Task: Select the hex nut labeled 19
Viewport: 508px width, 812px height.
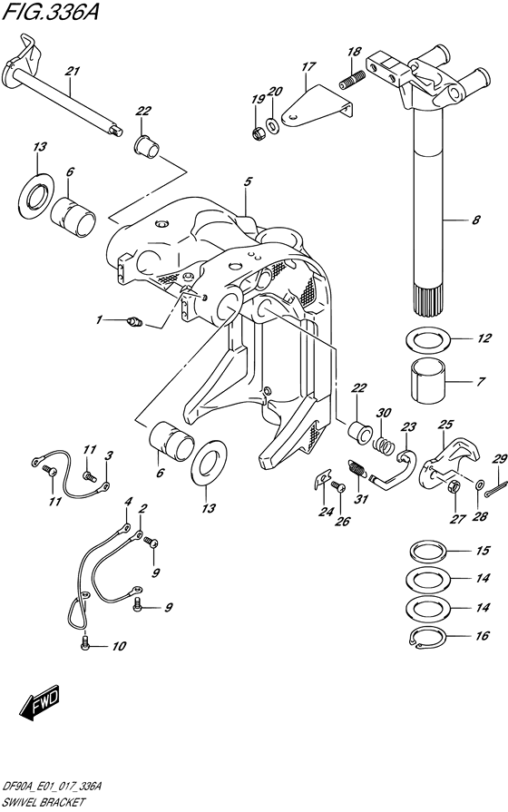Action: point(258,133)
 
